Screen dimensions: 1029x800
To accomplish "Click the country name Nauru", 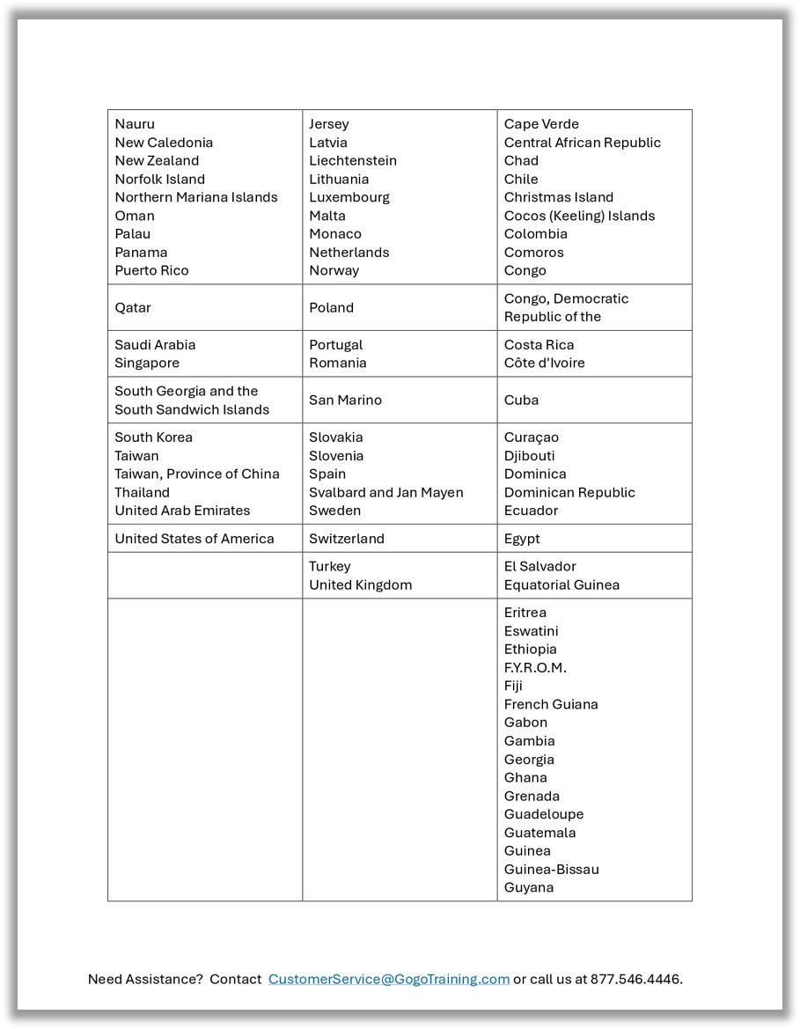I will coord(135,124).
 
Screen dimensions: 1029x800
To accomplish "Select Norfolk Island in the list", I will coord(159,179).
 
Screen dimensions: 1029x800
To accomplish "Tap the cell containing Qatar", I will coord(133,307).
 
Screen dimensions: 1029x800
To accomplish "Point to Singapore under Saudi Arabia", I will coord(147,363).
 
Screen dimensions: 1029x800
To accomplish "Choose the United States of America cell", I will coord(194,539).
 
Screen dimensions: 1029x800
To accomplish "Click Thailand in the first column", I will coord(142,492).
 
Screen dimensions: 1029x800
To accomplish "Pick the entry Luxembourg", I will coord(349,197).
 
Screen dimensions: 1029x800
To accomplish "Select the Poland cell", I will coord(331,307).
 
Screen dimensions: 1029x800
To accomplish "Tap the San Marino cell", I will coord(345,400).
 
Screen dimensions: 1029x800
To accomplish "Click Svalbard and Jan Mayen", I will coord(385,492).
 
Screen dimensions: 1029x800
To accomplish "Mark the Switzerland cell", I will coord(347,539).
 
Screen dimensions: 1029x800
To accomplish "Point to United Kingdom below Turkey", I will coord(360,584).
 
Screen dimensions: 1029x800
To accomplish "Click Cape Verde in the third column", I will coord(541,124).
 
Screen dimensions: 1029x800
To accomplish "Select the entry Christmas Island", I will coord(559,197).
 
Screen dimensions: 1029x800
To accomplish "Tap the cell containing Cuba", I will coord(521,400).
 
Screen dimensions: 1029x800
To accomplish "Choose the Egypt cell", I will coord(522,539).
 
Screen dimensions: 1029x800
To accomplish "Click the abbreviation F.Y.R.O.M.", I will coord(535,667).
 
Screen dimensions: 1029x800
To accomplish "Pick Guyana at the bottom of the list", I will coord(529,887).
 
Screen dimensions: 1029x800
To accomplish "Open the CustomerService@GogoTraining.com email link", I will coord(389,979).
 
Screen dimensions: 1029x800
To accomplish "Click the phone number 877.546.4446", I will coord(635,979).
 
